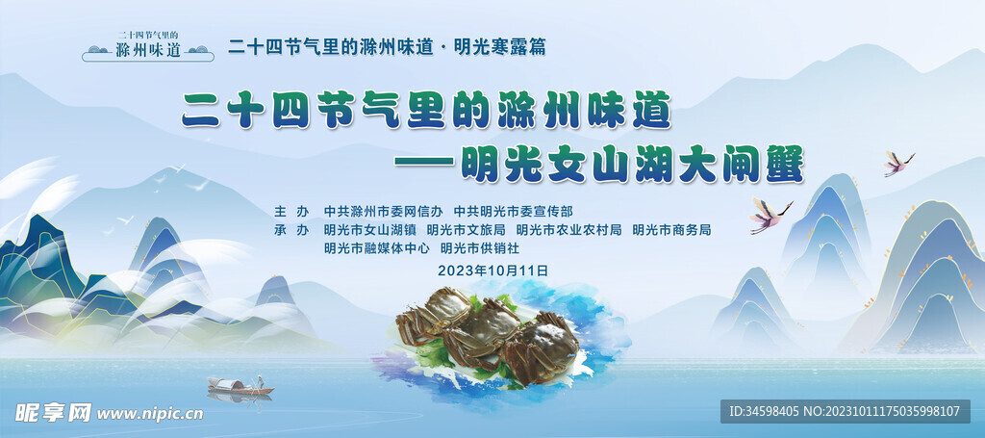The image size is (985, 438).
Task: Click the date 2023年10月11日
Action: (x=493, y=271)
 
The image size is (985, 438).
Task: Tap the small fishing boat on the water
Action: (x=240, y=386)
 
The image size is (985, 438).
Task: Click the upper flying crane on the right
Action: (x=898, y=163)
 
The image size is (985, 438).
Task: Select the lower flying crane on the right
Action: (x=770, y=215)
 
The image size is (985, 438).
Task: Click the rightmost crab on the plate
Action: (x=542, y=348)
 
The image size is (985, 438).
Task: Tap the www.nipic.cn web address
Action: (x=149, y=414)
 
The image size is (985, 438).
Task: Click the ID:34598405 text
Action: (x=764, y=412)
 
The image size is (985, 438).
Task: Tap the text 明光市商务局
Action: (x=671, y=230)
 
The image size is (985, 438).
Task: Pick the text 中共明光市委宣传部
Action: (x=514, y=211)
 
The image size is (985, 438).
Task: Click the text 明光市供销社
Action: (x=480, y=249)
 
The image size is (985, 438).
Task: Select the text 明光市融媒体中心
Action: (x=377, y=249)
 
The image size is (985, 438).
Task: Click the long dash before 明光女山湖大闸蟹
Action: (x=424, y=162)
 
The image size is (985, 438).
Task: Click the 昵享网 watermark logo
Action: (x=54, y=413)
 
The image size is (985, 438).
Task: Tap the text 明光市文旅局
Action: (x=467, y=230)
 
